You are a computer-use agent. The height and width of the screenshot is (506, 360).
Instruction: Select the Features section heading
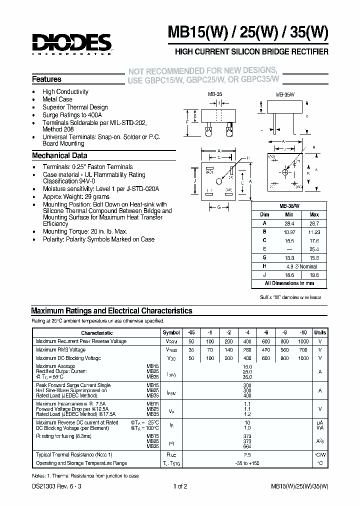46,79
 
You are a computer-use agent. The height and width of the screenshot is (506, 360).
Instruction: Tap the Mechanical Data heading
59,155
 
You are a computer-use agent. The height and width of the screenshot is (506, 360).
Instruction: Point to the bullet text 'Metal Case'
57,99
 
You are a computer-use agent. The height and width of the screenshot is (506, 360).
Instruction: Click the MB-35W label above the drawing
283,94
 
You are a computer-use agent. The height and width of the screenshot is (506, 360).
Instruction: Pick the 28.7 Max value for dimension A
314,223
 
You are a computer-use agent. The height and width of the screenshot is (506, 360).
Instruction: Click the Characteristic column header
97,332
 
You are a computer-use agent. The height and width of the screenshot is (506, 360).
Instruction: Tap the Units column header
320,332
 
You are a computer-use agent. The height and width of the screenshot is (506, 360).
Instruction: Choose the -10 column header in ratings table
304,332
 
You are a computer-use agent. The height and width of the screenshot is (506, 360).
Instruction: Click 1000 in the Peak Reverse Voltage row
304,341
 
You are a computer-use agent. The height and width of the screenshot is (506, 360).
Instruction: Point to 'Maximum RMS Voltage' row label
60,350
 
